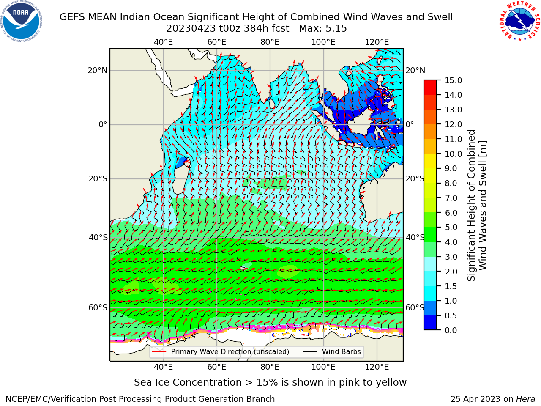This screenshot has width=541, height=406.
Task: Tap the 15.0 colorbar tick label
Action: point(453,81)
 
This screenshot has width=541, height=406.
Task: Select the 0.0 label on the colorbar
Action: point(451,330)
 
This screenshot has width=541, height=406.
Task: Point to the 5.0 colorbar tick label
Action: point(451,227)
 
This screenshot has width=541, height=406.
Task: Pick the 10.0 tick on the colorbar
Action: point(453,154)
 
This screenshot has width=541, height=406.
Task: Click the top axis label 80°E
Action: point(270,42)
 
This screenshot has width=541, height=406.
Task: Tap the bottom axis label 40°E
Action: point(163,367)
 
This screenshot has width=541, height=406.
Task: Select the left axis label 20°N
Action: point(98,71)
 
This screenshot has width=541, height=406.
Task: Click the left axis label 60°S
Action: point(98,308)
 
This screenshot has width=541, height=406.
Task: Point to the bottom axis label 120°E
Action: point(377,367)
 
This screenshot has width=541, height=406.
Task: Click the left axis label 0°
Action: point(103,125)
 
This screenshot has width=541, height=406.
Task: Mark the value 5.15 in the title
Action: point(336,29)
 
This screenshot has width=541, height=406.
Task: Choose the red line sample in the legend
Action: point(159,351)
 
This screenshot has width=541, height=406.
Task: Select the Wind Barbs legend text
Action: point(342,352)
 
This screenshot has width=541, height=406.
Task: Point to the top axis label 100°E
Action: point(323,42)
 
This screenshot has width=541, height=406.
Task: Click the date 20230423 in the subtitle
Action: point(191,29)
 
